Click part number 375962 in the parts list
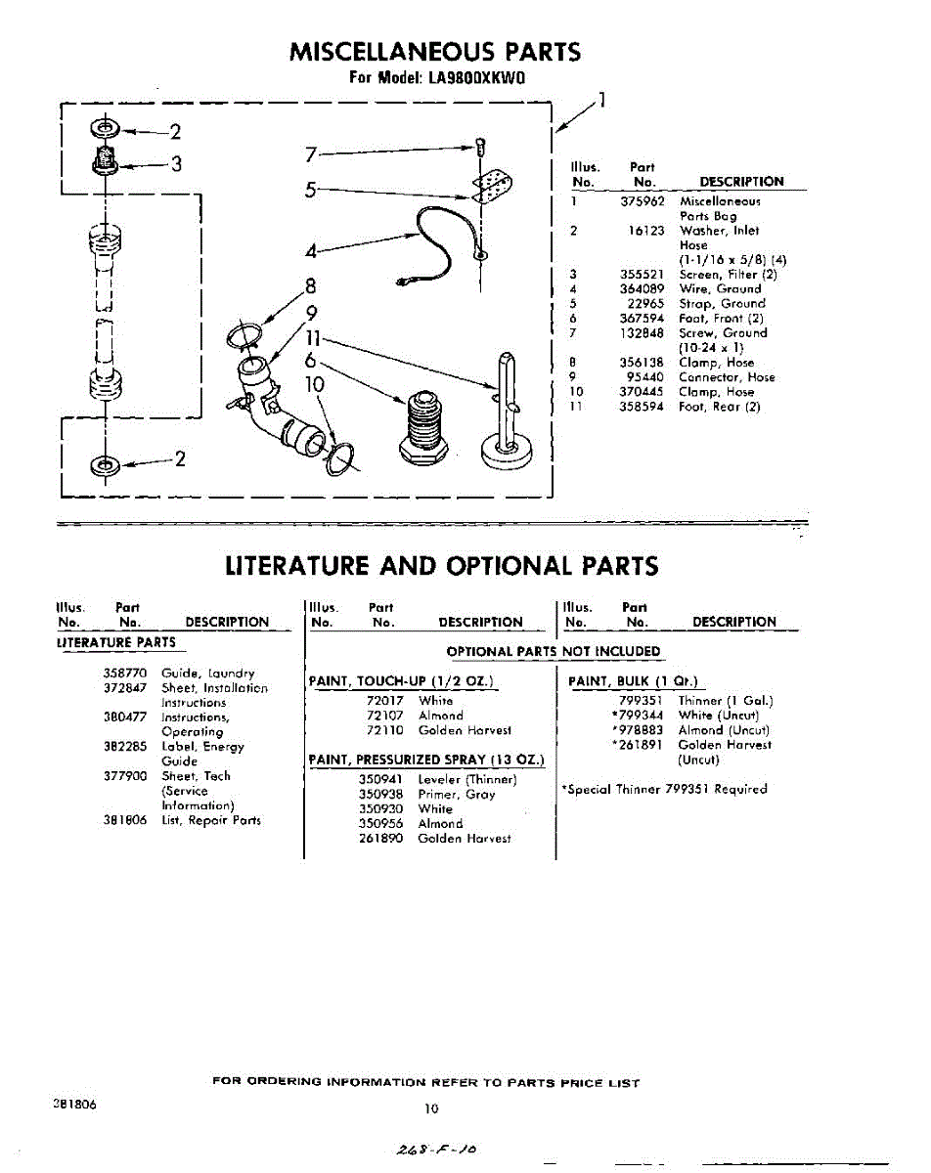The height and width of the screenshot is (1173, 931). click(643, 201)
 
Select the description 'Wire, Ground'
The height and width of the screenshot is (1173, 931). click(719, 289)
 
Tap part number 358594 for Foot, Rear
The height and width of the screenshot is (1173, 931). click(643, 407)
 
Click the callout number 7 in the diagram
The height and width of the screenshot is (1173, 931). click(311, 153)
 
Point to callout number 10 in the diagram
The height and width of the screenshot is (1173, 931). click(314, 385)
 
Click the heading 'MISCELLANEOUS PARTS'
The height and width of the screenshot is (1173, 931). click(435, 52)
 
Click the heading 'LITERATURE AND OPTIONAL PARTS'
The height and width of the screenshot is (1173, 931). click(441, 566)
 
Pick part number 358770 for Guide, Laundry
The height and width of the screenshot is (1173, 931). click(124, 673)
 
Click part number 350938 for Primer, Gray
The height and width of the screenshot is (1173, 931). click(379, 795)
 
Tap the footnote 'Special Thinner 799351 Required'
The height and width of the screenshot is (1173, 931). click(664, 789)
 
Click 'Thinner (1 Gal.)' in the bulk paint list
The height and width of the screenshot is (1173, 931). click(725, 701)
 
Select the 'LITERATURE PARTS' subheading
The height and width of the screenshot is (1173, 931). click(116, 642)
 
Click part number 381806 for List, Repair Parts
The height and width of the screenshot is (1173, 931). click(124, 820)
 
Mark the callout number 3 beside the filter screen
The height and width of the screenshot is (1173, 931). click(175, 165)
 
